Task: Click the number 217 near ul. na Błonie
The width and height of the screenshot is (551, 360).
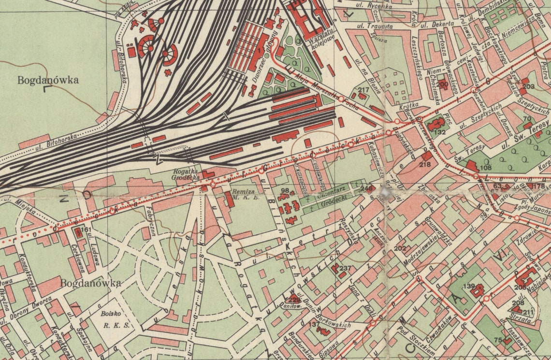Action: tap(363, 90)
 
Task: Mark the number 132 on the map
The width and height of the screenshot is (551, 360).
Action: tap(440, 131)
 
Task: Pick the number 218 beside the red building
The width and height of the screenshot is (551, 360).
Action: tap(424, 165)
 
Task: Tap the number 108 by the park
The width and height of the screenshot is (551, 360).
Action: tap(485, 168)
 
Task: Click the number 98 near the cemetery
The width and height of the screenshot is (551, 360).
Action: tap(284, 191)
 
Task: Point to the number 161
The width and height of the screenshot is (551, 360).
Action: tap(86, 229)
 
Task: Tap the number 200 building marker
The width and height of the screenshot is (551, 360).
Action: tap(442, 84)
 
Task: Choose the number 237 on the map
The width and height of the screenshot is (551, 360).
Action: tap(345, 268)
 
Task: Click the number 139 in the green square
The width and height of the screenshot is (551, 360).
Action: tap(469, 287)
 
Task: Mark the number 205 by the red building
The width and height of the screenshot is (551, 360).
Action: tap(520, 288)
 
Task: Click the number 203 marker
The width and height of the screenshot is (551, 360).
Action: tap(528, 86)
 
